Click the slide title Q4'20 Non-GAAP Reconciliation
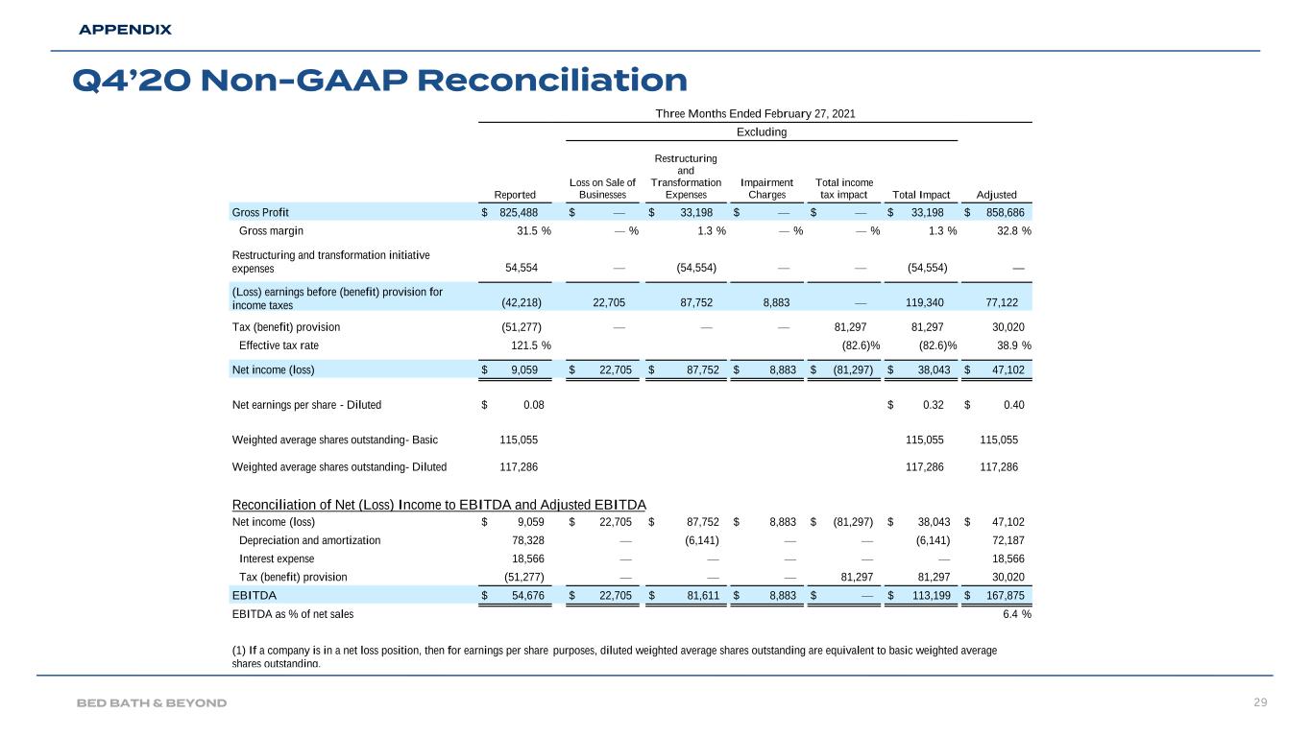point(379,80)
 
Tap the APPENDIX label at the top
point(125,30)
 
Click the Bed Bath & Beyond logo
point(152,703)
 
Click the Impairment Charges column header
point(766,188)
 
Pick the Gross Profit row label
point(260,212)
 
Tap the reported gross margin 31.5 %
point(529,230)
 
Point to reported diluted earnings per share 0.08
point(533,405)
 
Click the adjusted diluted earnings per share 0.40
point(1012,405)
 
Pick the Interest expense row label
point(276,559)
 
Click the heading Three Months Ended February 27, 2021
point(754,113)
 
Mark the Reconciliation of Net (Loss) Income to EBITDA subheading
point(439,506)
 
